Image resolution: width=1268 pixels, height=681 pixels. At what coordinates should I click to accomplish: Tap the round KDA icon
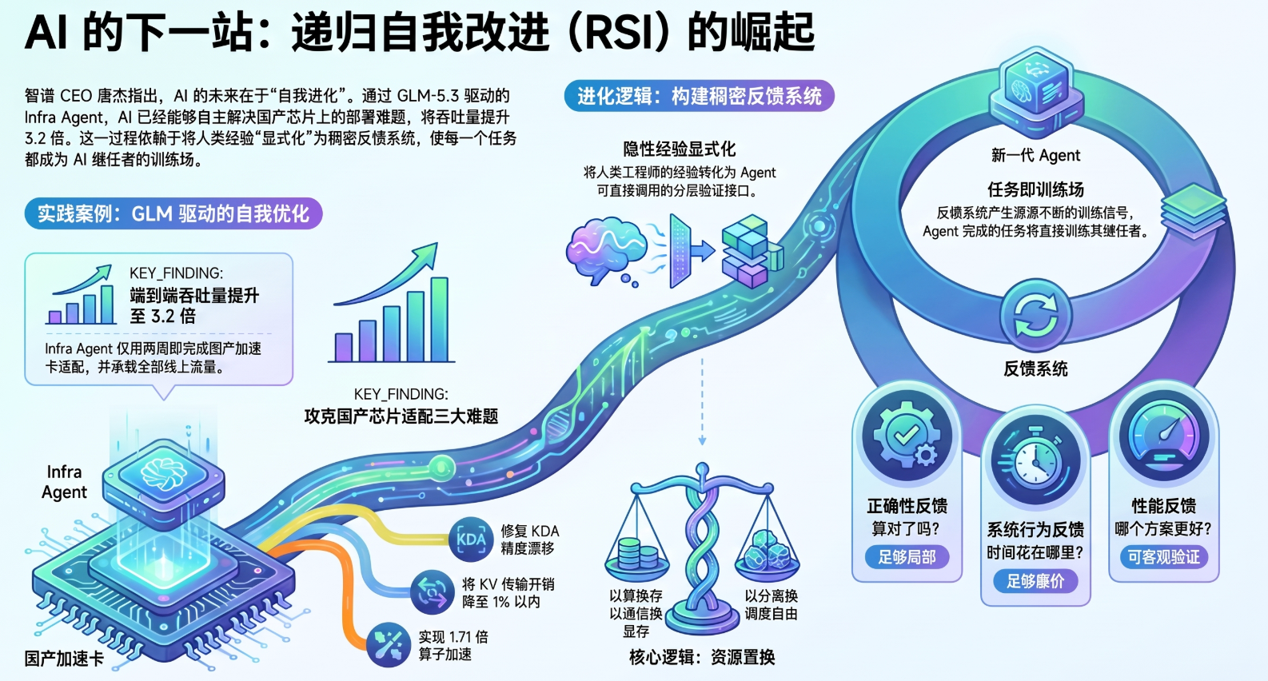click(x=471, y=540)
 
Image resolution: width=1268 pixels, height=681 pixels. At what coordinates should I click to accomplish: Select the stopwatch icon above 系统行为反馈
click(x=1035, y=460)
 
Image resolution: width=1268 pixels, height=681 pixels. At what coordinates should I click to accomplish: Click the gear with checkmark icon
click(x=907, y=436)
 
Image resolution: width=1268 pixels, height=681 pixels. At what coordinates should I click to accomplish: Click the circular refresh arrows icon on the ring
click(x=1035, y=315)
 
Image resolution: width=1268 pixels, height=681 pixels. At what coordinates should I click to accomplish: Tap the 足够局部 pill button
click(x=907, y=558)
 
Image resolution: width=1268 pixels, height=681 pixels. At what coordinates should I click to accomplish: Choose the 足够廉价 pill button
click(x=1035, y=581)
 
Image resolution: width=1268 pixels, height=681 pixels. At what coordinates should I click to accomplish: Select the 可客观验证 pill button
click(x=1164, y=558)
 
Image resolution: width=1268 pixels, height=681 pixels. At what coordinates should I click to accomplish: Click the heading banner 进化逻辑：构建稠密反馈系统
click(x=699, y=96)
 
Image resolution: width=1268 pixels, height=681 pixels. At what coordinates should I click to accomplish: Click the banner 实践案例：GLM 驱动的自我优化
click(x=173, y=213)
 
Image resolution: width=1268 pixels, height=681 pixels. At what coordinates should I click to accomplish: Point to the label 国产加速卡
click(x=64, y=659)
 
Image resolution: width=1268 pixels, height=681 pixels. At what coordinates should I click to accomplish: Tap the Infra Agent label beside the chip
click(x=65, y=482)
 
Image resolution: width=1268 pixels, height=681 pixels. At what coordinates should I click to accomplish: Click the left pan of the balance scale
click(x=637, y=560)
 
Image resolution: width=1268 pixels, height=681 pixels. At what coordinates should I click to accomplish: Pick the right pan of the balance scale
click(x=767, y=558)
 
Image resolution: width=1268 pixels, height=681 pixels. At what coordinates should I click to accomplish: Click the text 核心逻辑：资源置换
click(x=702, y=657)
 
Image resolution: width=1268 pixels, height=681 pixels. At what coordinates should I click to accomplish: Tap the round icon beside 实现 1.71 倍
click(x=389, y=645)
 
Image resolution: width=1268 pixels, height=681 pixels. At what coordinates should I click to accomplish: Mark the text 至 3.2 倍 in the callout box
click(x=162, y=316)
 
